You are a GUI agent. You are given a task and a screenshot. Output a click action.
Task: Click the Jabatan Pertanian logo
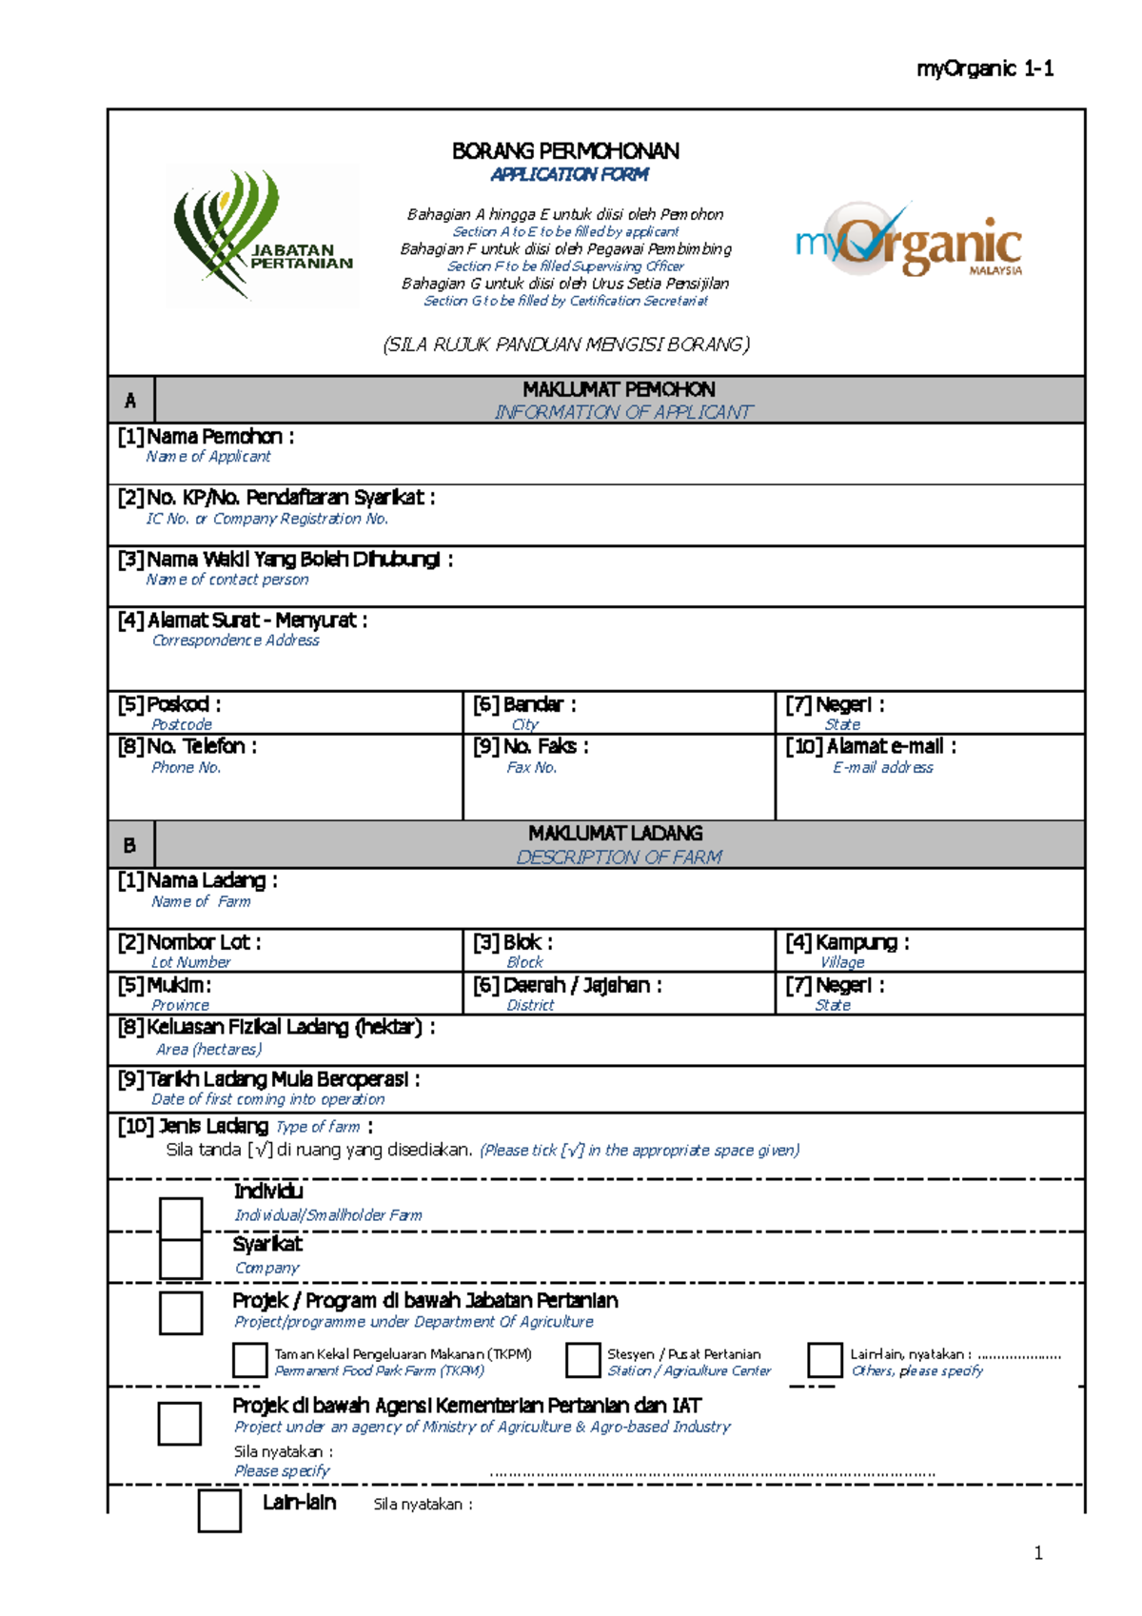coord(262,235)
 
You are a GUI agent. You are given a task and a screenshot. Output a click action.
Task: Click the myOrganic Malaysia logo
coord(908,241)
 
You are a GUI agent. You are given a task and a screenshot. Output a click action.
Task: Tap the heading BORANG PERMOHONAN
coord(565,151)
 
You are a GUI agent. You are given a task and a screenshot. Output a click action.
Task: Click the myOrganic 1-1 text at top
coord(984,69)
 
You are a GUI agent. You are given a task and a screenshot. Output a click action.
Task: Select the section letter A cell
coord(130,401)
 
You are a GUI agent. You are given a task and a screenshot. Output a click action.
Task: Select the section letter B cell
coord(130,845)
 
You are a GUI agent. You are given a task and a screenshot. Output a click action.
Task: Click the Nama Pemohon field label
coord(206,437)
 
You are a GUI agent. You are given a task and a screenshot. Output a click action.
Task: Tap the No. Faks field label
coord(531,747)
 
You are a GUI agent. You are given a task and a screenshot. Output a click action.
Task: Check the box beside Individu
coord(181,1217)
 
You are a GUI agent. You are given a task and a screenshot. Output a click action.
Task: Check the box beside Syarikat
coord(181,1258)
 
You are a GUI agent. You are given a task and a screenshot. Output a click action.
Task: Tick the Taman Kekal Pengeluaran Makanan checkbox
coord(249,1360)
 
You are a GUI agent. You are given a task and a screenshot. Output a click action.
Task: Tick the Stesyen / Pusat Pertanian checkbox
coord(582,1360)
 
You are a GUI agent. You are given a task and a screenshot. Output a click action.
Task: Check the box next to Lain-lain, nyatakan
coord(824,1360)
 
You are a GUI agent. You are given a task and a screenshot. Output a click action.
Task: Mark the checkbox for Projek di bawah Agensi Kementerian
coord(180,1423)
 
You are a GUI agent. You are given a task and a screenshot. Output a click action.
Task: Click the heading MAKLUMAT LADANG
coord(616,833)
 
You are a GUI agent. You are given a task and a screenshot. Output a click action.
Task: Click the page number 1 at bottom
coord(1038,1553)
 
